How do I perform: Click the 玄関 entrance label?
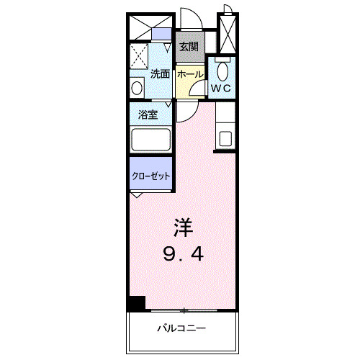189,47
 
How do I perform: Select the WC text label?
220,89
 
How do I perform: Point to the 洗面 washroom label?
160,73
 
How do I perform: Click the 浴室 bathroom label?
148,114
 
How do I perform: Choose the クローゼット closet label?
150,175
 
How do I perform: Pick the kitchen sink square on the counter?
226,138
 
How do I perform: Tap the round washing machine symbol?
137,87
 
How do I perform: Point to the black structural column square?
136,303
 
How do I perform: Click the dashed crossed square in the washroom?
139,56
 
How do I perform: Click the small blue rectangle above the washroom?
163,33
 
